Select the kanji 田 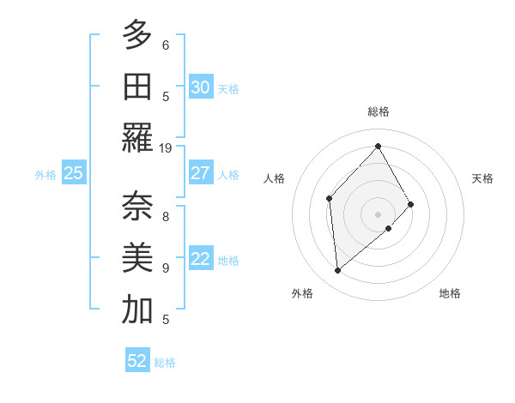pos(136,87)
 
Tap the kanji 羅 pos(136,138)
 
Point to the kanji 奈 pos(136,207)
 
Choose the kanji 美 pos(136,258)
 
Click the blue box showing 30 pos(200,87)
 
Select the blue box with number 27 pos(200,173)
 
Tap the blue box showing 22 pos(200,259)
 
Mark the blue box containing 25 pos(73,173)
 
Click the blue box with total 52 pos(136,361)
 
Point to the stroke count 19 pos(166,147)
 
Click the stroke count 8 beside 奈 pos(166,216)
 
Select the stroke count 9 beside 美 pos(166,268)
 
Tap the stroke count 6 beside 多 pos(166,45)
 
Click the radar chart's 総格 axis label pos(378,111)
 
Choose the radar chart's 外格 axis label pos(301,293)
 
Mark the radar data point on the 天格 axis pos(411,204)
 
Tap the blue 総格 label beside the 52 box pos(165,363)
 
